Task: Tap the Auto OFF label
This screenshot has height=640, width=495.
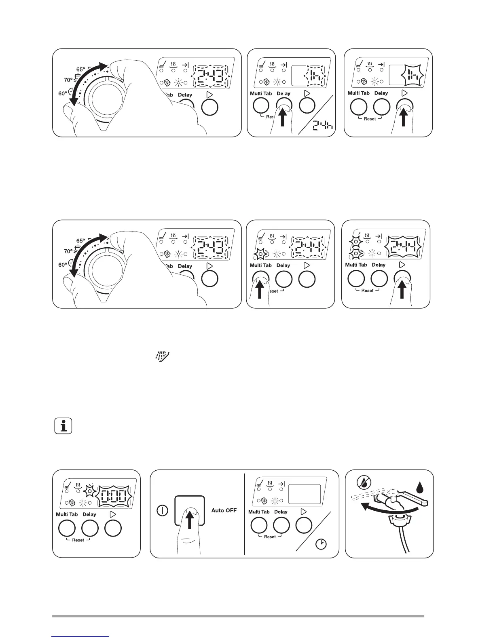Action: pos(224,510)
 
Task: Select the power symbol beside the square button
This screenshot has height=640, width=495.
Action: pos(162,510)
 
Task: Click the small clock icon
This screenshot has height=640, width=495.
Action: pos(321,544)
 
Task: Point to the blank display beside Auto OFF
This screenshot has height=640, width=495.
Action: pos(304,494)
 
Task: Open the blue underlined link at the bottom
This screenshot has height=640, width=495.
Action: pos(80,636)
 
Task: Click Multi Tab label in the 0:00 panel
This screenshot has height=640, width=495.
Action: pos(67,514)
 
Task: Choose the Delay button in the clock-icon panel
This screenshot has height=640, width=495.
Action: pos(281,525)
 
